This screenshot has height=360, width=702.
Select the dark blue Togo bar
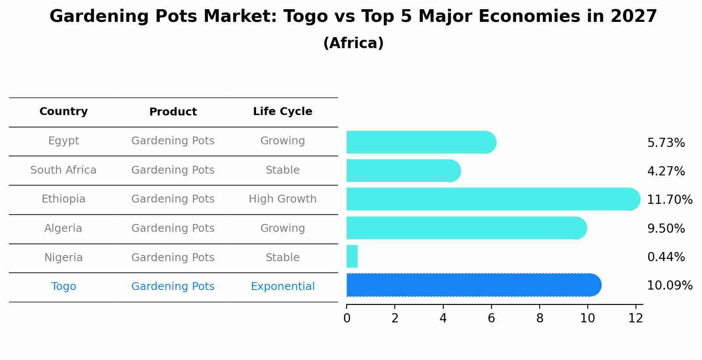pyautogui.click(x=473, y=285)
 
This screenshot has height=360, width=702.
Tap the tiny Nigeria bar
pyautogui.click(x=352, y=256)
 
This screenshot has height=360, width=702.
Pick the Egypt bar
pyautogui.click(x=420, y=142)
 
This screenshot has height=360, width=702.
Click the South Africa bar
pyautogui.click(x=403, y=171)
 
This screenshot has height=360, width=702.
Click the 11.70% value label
pyautogui.click(x=669, y=200)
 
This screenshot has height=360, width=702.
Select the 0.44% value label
pyautogui.click(x=666, y=257)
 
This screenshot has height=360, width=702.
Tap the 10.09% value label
pyautogui.click(x=669, y=286)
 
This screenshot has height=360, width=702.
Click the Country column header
pyautogui.click(x=63, y=112)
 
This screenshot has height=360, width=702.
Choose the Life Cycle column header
pyautogui.click(x=282, y=112)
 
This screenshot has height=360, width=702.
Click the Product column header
pyautogui.click(x=173, y=112)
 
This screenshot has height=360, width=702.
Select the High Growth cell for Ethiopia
pyautogui.click(x=282, y=199)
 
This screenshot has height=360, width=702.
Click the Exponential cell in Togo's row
pyautogui.click(x=282, y=287)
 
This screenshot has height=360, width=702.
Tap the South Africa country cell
pyautogui.click(x=63, y=170)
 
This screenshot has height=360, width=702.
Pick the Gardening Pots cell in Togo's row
pyautogui.click(x=173, y=287)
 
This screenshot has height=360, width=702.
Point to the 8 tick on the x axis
pyautogui.click(x=540, y=318)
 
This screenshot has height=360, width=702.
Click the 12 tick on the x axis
pyautogui.click(x=635, y=318)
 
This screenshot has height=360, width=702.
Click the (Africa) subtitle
pyautogui.click(x=353, y=43)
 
